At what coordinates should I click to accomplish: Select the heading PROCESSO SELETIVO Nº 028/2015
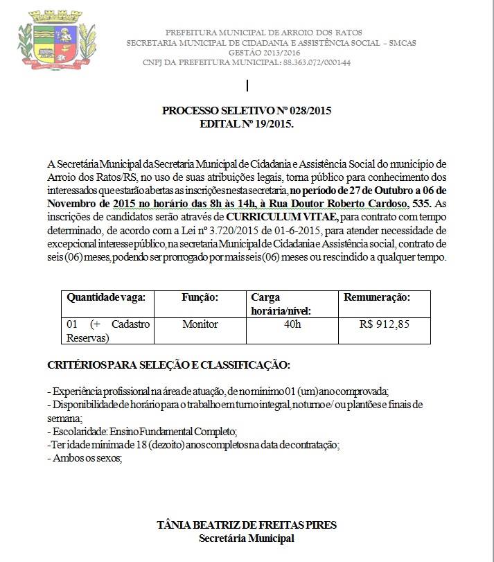(x=246, y=111)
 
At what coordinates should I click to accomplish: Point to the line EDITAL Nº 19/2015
(x=246, y=123)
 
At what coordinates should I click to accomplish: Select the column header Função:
(x=200, y=297)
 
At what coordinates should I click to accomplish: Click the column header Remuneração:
(x=377, y=297)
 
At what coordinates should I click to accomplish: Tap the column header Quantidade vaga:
(x=106, y=297)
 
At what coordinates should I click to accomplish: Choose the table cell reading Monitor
(x=200, y=324)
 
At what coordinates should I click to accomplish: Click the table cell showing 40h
(x=292, y=324)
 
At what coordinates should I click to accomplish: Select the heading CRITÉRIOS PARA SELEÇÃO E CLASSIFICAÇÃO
(x=168, y=365)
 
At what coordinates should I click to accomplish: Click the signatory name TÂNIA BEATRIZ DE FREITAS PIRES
(x=247, y=525)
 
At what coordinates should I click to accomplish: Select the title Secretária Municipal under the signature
(x=247, y=538)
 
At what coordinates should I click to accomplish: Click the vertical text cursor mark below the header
(x=247, y=86)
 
